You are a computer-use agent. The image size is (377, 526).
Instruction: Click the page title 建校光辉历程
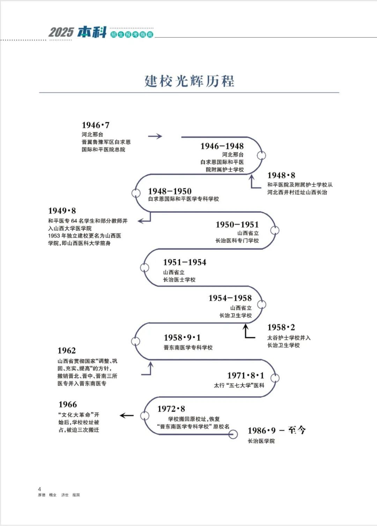click(x=189, y=81)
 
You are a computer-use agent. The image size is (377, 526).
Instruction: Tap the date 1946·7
click(x=96, y=125)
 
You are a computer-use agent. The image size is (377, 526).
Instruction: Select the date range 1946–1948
click(x=222, y=146)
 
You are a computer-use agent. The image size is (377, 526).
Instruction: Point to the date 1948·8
click(x=281, y=175)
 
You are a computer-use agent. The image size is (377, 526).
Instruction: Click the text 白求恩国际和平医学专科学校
click(x=183, y=199)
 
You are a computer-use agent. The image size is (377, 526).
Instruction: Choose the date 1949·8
click(x=62, y=211)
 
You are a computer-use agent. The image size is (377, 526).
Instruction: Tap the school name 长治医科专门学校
click(x=237, y=240)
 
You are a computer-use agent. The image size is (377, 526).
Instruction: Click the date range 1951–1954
click(x=185, y=262)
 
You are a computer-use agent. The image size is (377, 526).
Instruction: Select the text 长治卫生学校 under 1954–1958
click(x=235, y=315)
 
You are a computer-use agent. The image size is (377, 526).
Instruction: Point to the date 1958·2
click(x=281, y=327)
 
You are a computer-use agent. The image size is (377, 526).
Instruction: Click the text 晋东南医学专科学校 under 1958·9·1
click(x=188, y=348)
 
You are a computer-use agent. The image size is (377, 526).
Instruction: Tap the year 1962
click(x=67, y=351)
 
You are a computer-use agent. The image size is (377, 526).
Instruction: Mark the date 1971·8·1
click(x=245, y=375)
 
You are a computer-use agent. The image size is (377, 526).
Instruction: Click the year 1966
click(x=68, y=404)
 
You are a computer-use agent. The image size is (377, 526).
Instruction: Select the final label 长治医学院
click(x=261, y=441)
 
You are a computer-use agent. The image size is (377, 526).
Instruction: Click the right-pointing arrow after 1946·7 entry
click(x=155, y=136)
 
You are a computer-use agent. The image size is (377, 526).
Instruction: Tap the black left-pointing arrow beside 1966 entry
click(x=127, y=415)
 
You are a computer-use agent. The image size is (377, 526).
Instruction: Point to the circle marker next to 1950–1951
click(x=275, y=231)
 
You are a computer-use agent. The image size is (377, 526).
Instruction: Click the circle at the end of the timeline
click(x=233, y=434)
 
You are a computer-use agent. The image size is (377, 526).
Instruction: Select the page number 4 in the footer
click(x=39, y=489)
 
